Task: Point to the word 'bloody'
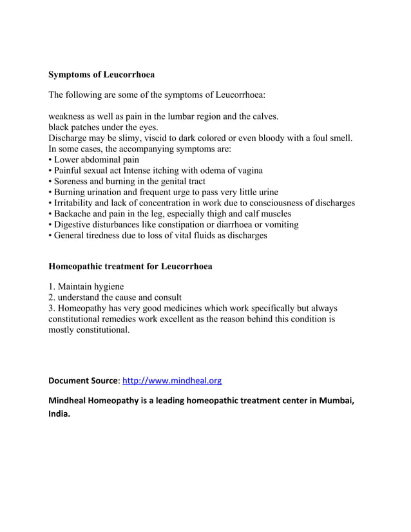[x=282, y=138]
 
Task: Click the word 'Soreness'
[x=73, y=181]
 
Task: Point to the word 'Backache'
[x=74, y=213]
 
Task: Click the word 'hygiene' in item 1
[x=108, y=287]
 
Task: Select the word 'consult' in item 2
[x=167, y=298]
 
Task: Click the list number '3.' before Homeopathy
[x=52, y=309]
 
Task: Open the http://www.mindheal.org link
[x=171, y=381]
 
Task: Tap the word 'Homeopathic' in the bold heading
[x=77, y=265]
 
